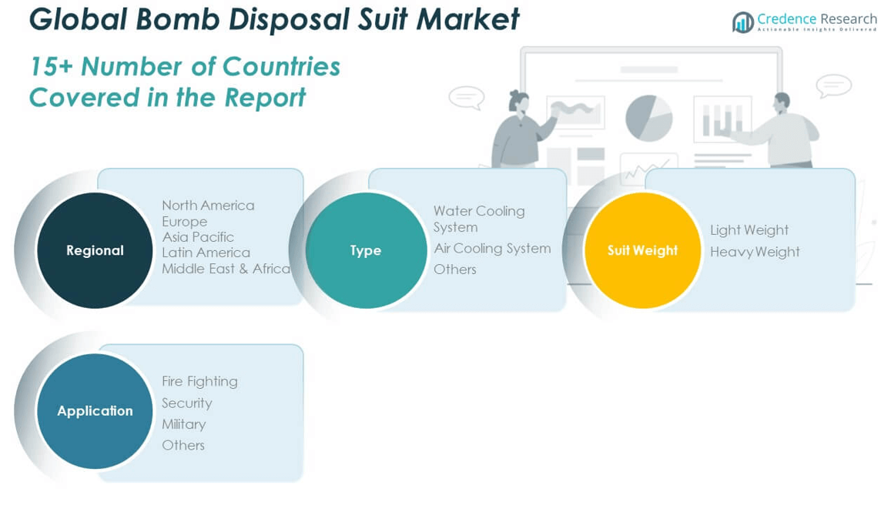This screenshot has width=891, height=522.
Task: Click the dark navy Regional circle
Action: (x=95, y=250)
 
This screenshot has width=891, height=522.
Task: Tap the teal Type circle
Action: (x=366, y=250)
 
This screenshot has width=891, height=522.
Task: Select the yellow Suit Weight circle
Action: (x=642, y=250)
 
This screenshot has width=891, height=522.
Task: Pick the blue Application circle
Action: (x=95, y=410)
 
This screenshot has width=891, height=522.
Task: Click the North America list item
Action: (x=208, y=206)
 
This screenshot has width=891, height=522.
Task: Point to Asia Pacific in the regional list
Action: (x=198, y=237)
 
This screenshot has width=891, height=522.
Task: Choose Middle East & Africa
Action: (x=226, y=269)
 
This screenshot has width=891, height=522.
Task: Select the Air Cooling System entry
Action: (x=492, y=249)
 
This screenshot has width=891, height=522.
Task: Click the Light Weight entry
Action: (x=749, y=230)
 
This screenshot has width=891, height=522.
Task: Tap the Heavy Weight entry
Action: (x=755, y=252)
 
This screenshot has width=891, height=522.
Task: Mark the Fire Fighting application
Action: (x=199, y=381)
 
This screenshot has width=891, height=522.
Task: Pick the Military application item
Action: (x=183, y=424)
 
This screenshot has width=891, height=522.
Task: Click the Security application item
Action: (x=186, y=403)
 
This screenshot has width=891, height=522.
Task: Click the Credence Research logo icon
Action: (x=742, y=22)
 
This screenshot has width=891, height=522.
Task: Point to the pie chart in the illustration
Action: (x=648, y=118)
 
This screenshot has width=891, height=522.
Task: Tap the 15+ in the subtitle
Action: (x=51, y=67)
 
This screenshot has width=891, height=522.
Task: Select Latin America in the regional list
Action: (x=206, y=253)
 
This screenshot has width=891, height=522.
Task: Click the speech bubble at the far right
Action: (x=833, y=85)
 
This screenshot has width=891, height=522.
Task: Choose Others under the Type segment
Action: (x=454, y=269)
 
